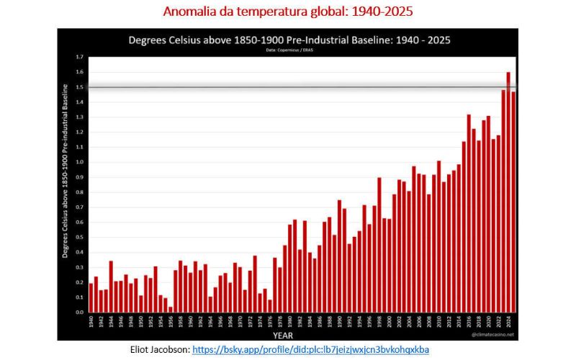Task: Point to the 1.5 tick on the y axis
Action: pos(79,87)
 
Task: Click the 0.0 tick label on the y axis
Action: pos(79,312)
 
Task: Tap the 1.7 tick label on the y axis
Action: pos(79,57)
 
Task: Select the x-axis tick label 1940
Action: pos(91,321)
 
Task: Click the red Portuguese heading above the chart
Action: pos(288,12)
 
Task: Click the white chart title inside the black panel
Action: pos(289,40)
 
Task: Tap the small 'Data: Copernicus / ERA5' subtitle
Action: pos(288,51)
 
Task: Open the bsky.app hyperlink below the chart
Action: pos(310,349)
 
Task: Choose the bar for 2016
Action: pos(469,213)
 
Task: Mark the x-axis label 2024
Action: pos(508,321)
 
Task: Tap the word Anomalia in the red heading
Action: pos(189,12)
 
